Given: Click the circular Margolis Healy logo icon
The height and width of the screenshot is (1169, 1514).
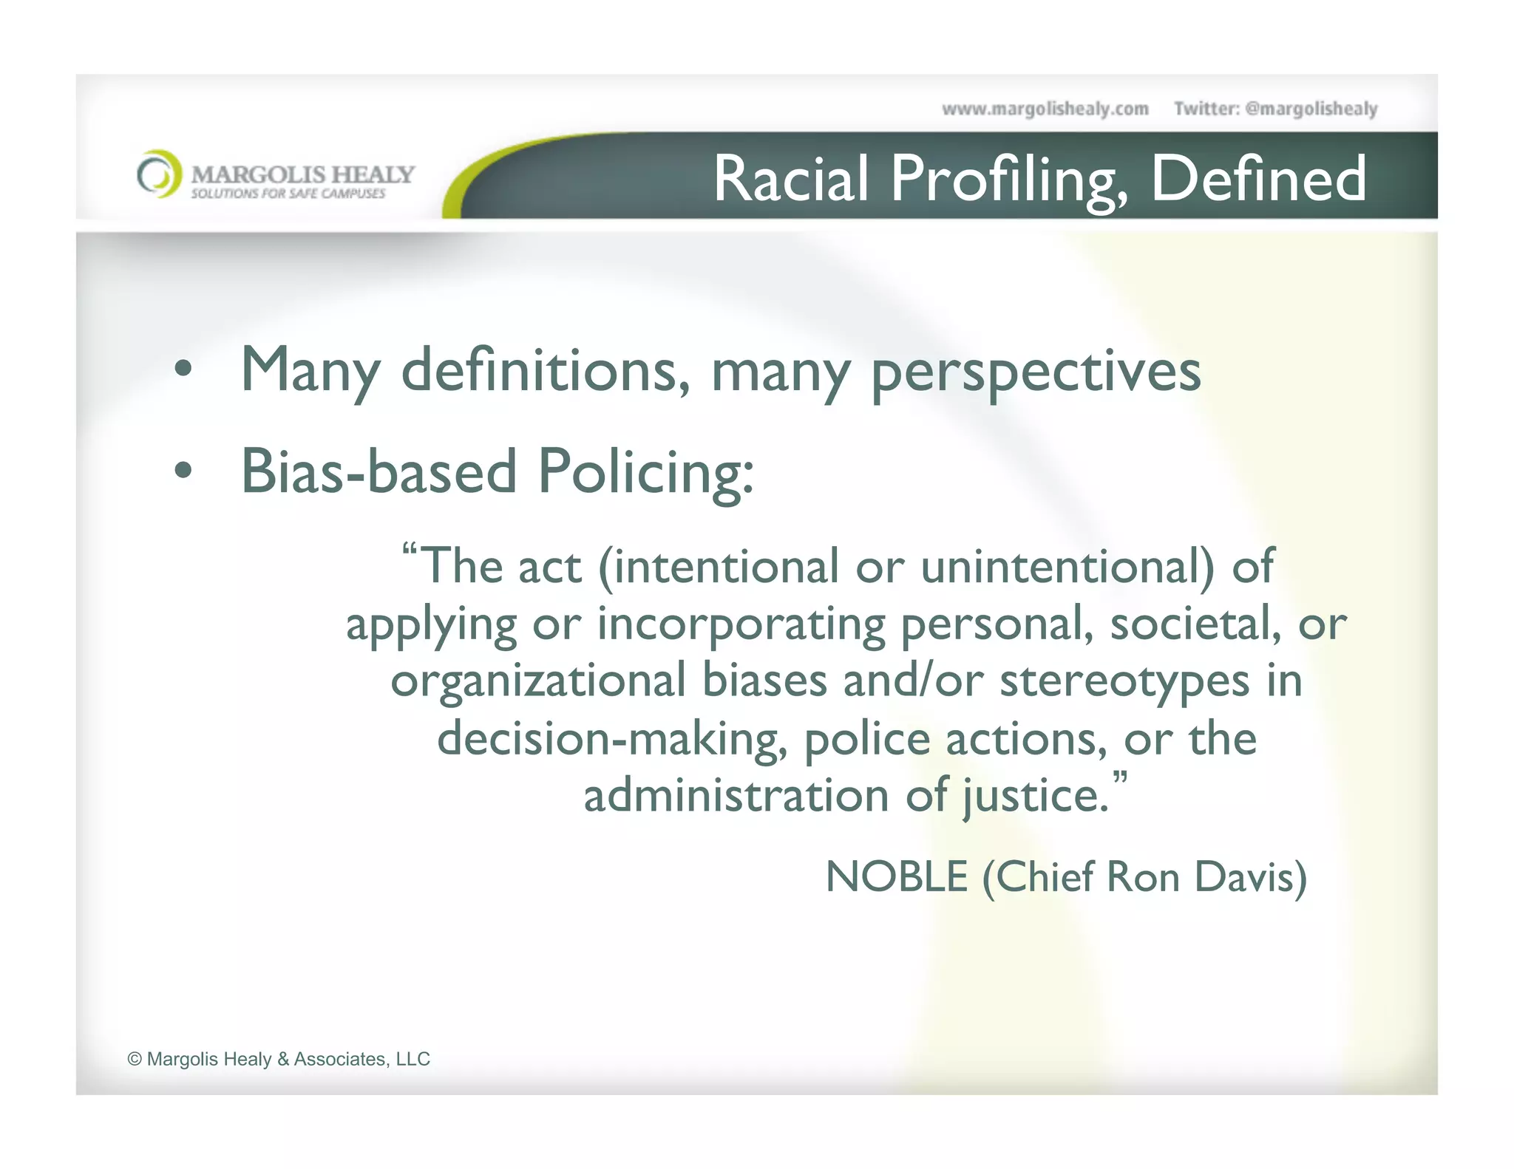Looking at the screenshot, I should click(x=159, y=174).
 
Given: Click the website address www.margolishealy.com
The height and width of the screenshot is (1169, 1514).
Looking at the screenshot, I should click(x=1045, y=109).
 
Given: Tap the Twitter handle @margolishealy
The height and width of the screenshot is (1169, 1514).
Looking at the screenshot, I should click(x=1311, y=109).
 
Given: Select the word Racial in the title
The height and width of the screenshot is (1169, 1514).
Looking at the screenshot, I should click(x=790, y=179).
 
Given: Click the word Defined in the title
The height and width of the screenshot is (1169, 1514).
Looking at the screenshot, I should click(x=1258, y=179).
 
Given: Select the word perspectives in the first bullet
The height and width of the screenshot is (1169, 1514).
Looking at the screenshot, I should click(x=1036, y=372).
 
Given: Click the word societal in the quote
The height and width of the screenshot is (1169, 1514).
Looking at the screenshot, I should click(x=1195, y=624).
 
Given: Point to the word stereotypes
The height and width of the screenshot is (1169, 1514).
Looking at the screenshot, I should click(x=1124, y=681).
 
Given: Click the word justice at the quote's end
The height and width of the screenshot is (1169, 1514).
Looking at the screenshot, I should click(x=1035, y=797).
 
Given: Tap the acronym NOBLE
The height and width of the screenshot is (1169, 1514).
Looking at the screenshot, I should click(x=896, y=877).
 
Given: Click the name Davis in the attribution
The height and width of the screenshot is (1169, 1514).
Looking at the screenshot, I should click(x=1250, y=877).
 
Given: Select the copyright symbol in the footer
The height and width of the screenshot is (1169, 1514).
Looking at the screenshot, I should click(x=135, y=1059).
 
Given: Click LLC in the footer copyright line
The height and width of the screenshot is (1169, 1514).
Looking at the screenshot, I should click(x=413, y=1059).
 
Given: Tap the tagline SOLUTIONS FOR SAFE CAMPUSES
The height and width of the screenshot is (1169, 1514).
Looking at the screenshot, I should click(x=288, y=194).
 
